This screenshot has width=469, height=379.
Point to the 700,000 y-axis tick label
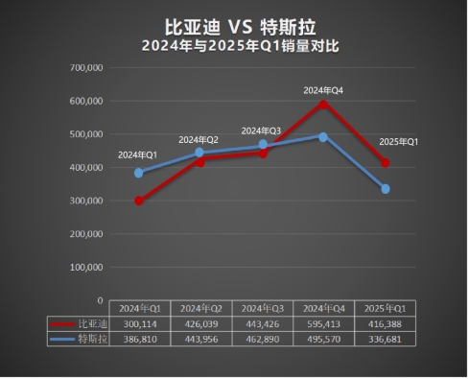pos(86,67)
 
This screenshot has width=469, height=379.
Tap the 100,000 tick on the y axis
pos(86,267)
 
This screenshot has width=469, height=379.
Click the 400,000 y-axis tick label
pos(86,167)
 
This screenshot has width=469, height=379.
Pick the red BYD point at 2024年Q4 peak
pos(323,103)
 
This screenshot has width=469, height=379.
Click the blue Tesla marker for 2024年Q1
pos(139,173)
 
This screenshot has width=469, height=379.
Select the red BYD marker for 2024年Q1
pos(139,201)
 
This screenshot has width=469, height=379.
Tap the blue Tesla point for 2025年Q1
pos(385,189)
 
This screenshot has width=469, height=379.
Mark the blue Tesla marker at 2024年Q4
pos(323,136)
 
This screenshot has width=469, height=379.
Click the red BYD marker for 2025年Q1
pos(385,163)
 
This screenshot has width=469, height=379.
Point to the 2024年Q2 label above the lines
pos(199,140)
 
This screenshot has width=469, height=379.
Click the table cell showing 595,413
pos(323,324)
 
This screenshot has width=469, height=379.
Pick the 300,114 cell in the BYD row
pos(139,324)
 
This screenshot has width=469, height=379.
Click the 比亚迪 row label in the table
pos(88,324)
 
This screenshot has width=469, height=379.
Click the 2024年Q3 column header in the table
pos(262,309)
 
